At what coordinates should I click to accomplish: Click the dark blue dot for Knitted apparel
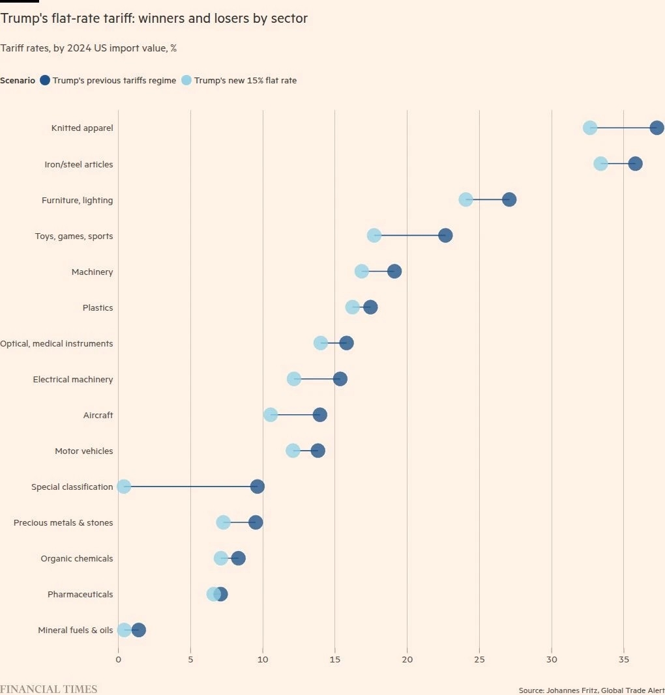(657, 128)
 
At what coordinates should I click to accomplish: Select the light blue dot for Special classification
(124, 487)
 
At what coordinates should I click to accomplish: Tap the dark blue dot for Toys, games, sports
(445, 235)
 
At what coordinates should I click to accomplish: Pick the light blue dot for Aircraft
(271, 415)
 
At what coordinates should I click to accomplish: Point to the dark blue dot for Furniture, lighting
(509, 199)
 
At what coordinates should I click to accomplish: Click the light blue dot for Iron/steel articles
(600, 163)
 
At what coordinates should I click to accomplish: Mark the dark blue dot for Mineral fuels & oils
(138, 630)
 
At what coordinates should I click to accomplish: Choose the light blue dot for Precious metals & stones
(223, 522)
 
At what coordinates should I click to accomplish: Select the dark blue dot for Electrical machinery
(340, 379)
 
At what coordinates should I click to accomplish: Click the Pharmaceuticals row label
(80, 594)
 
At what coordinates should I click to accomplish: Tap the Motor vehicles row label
(83, 451)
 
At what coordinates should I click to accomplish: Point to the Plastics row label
(98, 307)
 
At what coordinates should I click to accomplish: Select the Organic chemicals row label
(76, 558)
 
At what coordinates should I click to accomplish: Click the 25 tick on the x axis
(479, 660)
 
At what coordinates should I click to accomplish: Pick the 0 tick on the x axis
(118, 660)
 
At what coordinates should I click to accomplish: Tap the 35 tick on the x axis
(623, 660)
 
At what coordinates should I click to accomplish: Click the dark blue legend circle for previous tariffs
(45, 80)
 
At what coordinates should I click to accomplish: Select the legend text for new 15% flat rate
(245, 81)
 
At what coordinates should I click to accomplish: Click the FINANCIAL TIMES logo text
(48, 689)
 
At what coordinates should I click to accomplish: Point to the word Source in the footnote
(531, 690)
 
